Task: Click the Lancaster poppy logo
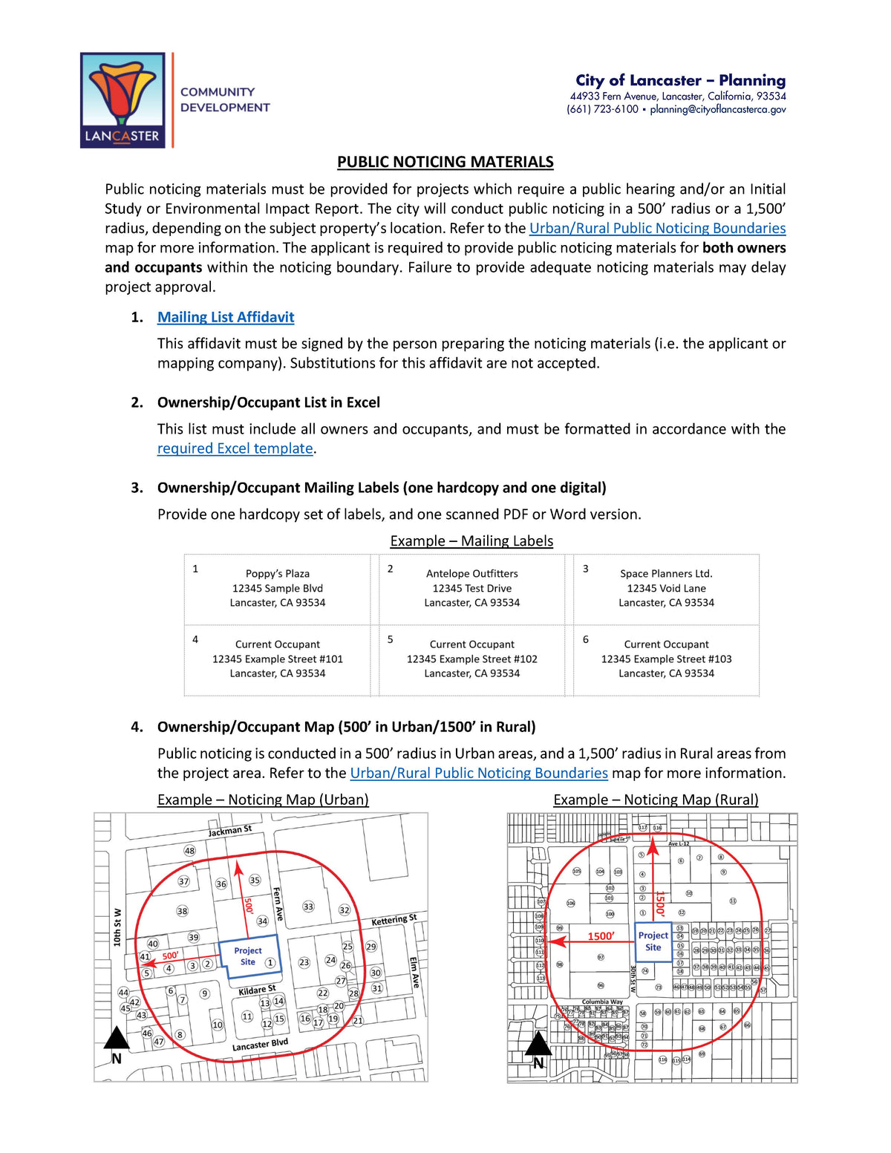123,100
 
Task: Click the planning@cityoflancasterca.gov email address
717,109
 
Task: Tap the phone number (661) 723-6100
602,109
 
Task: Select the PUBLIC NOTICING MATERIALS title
445,162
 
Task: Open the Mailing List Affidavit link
226,317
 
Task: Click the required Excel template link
235,448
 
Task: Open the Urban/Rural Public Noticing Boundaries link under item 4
479,773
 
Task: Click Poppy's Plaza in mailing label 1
278,574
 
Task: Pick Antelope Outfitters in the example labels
472,574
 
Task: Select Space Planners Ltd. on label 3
666,574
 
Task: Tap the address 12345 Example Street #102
472,659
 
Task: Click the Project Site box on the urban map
248,956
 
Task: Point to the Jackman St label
229,831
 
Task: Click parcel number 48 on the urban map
189,851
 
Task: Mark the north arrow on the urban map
117,1044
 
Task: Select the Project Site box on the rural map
653,941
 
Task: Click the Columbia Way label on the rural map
602,1002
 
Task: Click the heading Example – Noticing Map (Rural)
656,800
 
